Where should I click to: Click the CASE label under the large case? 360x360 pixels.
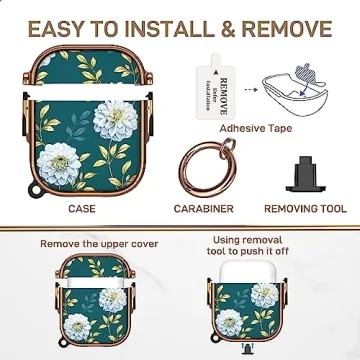click(82, 209)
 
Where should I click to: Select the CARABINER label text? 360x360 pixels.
click(204, 209)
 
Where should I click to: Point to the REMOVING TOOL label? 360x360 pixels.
click(305, 209)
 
